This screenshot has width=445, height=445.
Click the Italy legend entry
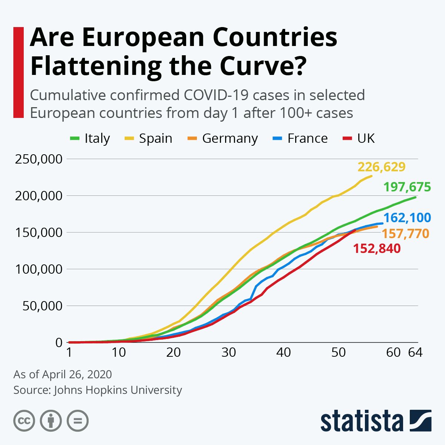pos(90,138)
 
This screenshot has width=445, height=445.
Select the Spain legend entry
pos(148,138)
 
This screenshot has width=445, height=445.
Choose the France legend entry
pos(300,138)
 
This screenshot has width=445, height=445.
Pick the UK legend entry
pos(359,138)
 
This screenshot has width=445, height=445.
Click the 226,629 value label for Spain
pos(381,167)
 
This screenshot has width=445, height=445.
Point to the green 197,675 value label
pos(407,187)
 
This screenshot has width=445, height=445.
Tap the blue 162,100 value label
pos(407,218)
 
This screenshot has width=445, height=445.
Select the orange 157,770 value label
pos(405,234)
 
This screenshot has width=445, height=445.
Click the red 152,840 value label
pos(377,248)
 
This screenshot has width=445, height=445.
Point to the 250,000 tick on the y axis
pos(39,159)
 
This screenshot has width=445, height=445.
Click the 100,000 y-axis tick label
pos(39,269)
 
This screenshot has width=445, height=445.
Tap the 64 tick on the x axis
pos(415,352)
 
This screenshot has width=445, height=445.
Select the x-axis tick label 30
pos(228,352)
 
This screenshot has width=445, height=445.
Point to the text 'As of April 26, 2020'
pos(63,374)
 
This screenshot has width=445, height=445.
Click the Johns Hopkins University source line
pos(98,390)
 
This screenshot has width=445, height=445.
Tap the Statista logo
pos(376,421)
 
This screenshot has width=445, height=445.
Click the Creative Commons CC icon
pos(24,421)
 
